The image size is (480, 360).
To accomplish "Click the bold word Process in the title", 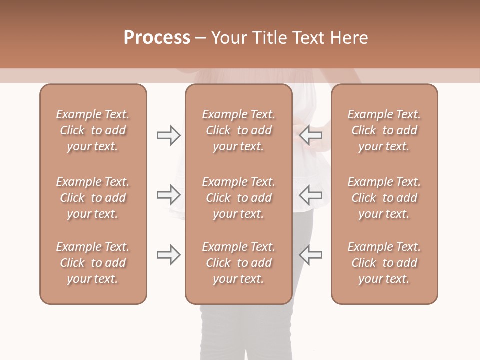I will click(x=157, y=38).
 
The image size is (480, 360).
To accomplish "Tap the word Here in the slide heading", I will click(x=349, y=38).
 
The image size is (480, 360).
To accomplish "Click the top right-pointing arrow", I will click(x=168, y=135).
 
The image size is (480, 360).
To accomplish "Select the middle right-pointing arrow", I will click(x=168, y=195).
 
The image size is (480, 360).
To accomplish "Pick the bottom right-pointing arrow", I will click(x=168, y=255).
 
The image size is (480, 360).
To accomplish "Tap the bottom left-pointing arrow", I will click(x=310, y=255).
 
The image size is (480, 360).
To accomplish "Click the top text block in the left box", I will click(x=93, y=130).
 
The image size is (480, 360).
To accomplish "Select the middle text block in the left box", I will click(x=93, y=198).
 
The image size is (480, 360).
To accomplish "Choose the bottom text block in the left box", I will click(x=93, y=263).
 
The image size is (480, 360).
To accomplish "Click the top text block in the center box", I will click(x=238, y=130).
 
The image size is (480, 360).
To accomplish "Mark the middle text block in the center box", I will click(x=238, y=198).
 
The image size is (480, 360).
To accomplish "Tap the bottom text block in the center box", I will click(x=238, y=263).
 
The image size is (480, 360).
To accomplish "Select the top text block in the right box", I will click(x=384, y=130).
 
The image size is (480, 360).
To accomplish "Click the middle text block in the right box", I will click(x=384, y=198).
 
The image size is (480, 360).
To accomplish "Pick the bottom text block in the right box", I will click(x=384, y=263).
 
